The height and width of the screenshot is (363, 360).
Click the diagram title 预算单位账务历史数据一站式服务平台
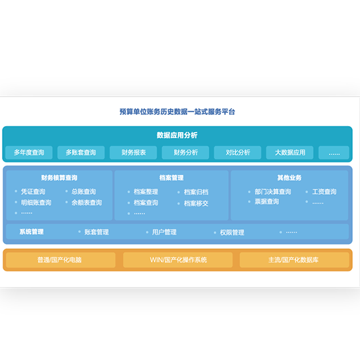click(x=177, y=112)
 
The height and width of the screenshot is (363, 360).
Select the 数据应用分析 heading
click(x=177, y=135)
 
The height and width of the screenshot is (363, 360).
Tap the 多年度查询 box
click(x=29, y=152)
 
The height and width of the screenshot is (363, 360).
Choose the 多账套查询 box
click(x=81, y=152)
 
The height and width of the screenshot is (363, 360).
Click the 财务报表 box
click(x=133, y=152)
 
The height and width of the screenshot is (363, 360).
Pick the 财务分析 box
click(x=185, y=152)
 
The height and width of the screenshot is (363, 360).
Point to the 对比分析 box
click(x=237, y=152)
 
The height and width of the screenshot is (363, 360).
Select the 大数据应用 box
click(x=289, y=152)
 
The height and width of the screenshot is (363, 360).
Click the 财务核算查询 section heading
click(x=59, y=178)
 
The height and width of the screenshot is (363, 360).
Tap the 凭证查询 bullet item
click(x=33, y=191)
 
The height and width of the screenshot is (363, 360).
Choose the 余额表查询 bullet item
click(x=87, y=203)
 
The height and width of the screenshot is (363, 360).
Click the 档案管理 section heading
click(x=171, y=178)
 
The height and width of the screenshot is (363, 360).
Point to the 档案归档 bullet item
click(x=196, y=192)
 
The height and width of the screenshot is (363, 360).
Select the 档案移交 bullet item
click(x=196, y=203)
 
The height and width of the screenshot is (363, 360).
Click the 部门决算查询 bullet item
click(x=273, y=191)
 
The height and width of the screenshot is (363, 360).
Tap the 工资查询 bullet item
click(x=324, y=191)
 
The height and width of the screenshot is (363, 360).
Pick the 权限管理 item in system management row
click(x=232, y=232)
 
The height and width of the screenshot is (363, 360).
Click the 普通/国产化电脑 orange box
click(x=61, y=260)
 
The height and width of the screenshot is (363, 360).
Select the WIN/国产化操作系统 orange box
click(x=178, y=260)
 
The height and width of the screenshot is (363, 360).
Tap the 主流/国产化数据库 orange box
click(x=294, y=260)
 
